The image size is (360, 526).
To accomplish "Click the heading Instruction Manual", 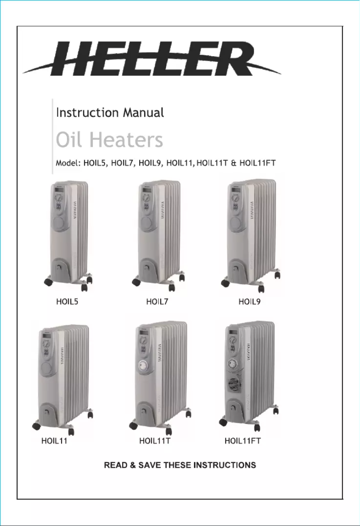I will [x=110, y=112].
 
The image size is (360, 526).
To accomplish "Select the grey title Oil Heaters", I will [x=109, y=140].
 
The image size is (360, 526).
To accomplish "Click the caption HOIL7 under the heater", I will [x=157, y=302].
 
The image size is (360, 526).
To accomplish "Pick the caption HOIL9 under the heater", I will [x=250, y=302].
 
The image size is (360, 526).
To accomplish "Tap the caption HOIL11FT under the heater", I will [x=242, y=441].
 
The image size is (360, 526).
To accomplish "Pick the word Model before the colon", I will [x=66, y=162].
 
